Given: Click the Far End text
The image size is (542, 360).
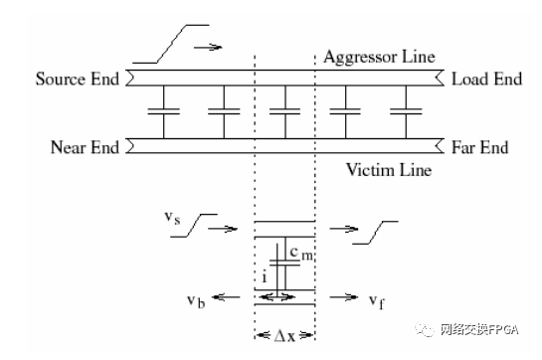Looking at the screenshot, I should tap(479, 148).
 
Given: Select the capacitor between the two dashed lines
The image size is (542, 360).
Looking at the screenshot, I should tap(285, 113).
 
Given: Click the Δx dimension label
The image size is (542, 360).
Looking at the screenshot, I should tap(285, 335).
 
